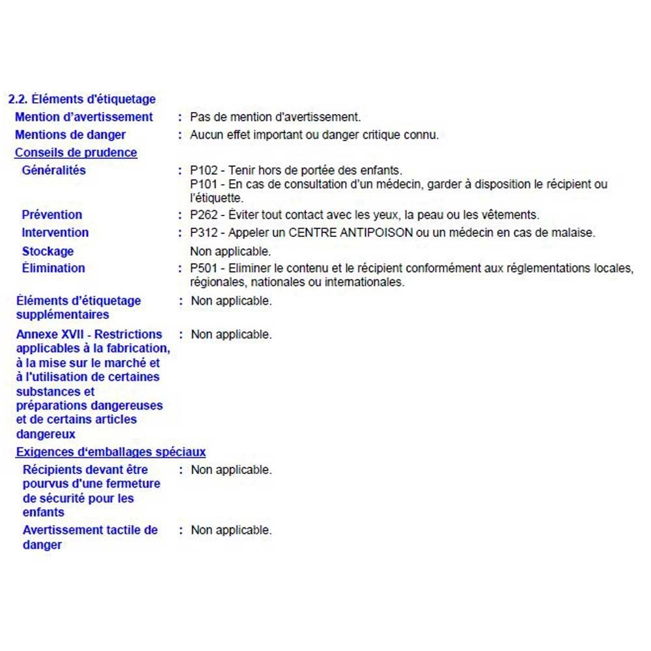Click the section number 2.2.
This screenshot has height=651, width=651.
coord(18,100)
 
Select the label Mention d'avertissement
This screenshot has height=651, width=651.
coord(84,117)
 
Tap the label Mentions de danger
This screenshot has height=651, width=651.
coord(70,135)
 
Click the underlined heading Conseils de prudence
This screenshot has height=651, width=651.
coord(76,153)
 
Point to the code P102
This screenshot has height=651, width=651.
coord(204,171)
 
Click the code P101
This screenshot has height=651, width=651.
coord(204,184)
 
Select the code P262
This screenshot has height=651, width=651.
coord(204,215)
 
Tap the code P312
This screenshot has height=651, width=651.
coord(204,232)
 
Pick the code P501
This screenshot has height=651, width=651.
coord(204,268)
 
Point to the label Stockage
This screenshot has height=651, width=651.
coord(48,251)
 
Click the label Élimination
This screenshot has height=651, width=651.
coord(53,268)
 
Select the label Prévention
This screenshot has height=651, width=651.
coord(52,215)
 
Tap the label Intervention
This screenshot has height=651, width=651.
coord(55,232)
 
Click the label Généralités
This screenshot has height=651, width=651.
coord(53,171)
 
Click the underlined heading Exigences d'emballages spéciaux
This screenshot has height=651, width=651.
coord(111,452)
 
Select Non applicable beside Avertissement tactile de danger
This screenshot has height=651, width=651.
coord(231,531)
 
